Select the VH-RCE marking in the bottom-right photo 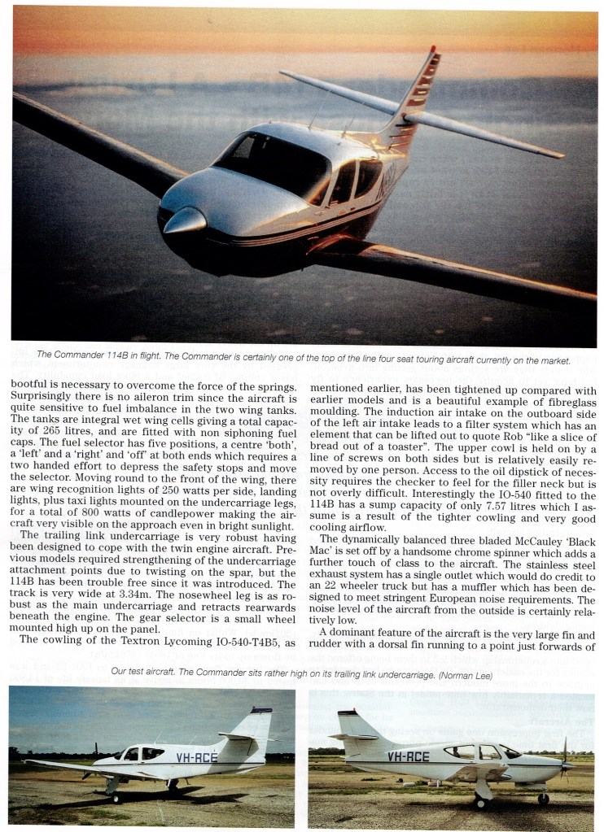[x=408, y=757]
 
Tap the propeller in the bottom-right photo [x=564, y=760]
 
